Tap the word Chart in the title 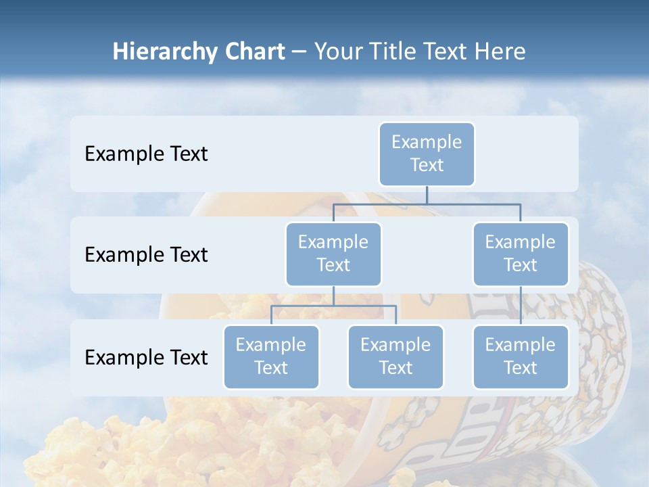pos(252,51)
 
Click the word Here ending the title pos(498,51)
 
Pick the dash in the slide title pos(299,51)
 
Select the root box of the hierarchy pos(427,154)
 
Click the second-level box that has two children pos(333,254)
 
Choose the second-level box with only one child pos(521,254)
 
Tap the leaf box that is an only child pos(521,356)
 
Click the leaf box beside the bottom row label pos(271,356)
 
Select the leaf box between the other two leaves pos(395,356)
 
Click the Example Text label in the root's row pos(146,154)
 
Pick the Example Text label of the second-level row pos(146,254)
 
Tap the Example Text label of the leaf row pos(146,357)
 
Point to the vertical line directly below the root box pos(427,195)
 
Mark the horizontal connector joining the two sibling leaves pos(333,306)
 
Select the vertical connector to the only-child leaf pos(521,305)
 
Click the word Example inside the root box pos(427,142)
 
